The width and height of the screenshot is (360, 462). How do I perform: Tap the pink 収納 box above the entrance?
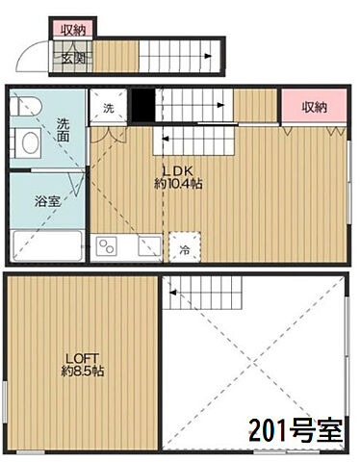(x=72, y=29)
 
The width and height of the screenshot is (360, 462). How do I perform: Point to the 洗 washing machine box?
(x=108, y=107)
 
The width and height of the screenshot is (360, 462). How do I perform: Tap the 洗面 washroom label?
(x=63, y=130)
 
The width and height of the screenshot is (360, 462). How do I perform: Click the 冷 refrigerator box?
(x=183, y=249)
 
